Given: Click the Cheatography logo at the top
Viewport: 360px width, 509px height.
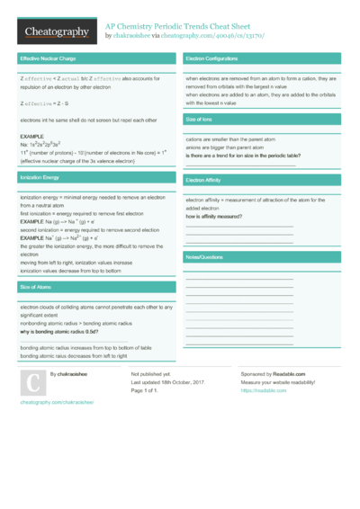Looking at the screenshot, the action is point(56,31).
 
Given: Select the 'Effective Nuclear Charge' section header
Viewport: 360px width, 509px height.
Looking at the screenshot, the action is point(50,58).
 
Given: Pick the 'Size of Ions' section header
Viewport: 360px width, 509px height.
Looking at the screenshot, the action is point(199,119).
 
